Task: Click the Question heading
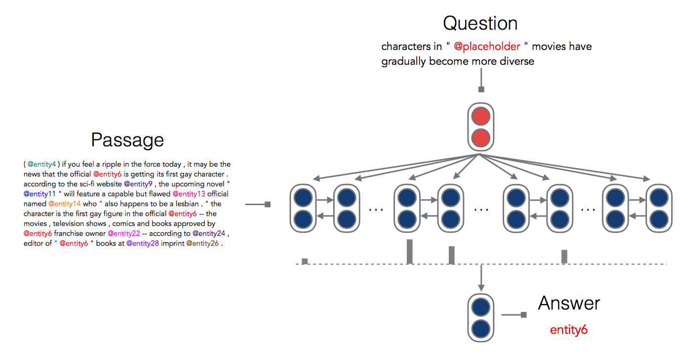[480, 23]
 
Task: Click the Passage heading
[128, 140]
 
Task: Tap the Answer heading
[569, 303]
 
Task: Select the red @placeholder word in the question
[487, 46]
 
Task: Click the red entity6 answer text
[568, 330]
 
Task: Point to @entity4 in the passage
[42, 164]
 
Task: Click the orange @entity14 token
[64, 204]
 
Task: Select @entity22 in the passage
[124, 233]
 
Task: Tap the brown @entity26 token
[202, 243]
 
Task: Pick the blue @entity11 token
[40, 194]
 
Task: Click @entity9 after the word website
[138, 184]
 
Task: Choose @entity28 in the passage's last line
[142, 243]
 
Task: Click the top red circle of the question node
[480, 117]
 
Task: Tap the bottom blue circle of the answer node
[480, 328]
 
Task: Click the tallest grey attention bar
[410, 252]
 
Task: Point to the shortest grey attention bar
[305, 261]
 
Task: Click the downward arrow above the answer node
[481, 278]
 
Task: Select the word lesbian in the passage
[187, 204]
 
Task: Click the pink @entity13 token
[189, 194]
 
